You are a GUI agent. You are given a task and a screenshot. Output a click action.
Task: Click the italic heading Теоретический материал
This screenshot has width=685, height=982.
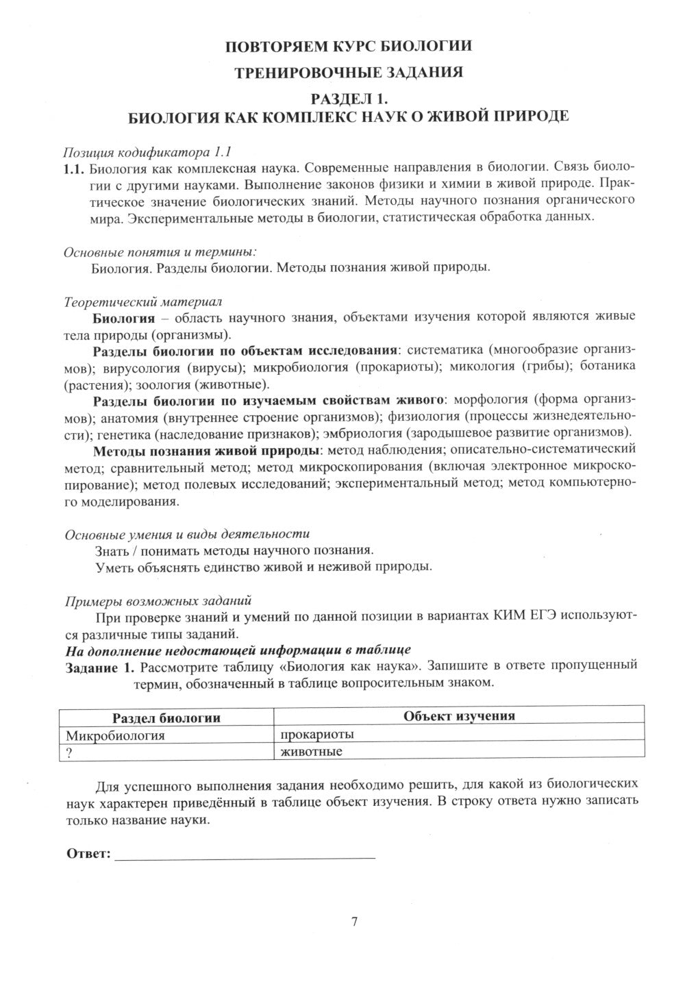pyautogui.click(x=142, y=301)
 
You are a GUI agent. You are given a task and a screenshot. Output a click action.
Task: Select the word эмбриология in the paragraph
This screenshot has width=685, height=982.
pyautogui.click(x=368, y=433)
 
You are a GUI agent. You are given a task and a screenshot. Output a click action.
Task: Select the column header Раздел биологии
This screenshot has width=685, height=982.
pyautogui.click(x=166, y=717)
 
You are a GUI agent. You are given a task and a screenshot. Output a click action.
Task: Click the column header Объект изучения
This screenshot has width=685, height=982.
pyautogui.click(x=459, y=716)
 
